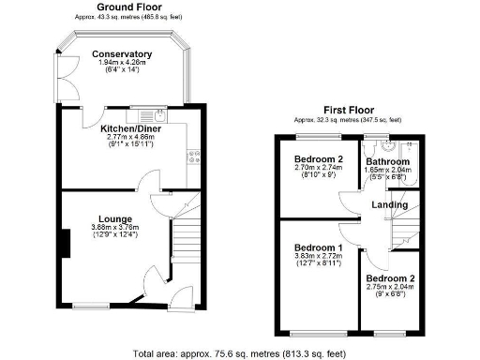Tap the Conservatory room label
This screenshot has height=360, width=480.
click(x=122, y=54)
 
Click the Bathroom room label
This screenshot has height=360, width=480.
click(x=388, y=161)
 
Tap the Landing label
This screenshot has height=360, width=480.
click(x=389, y=204)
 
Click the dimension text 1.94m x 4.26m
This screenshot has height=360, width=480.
click(x=122, y=64)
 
